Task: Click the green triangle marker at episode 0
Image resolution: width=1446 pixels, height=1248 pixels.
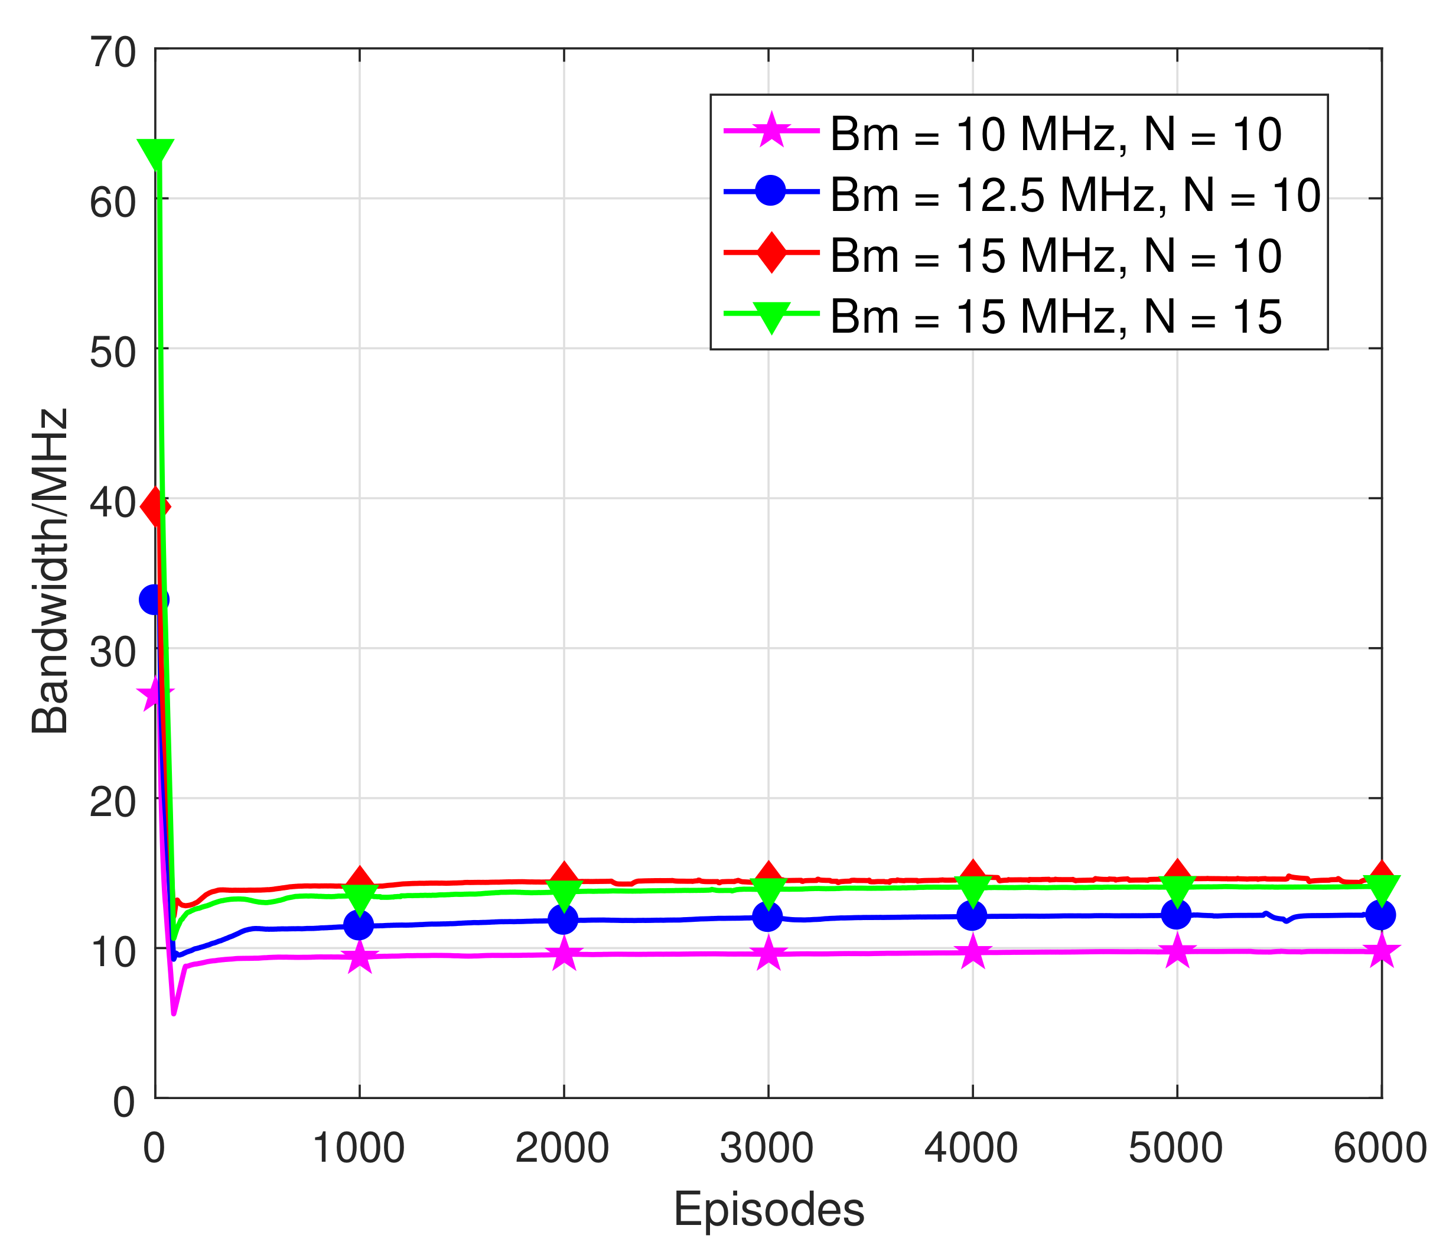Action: coord(155,153)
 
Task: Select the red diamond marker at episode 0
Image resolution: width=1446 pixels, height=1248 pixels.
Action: coord(155,507)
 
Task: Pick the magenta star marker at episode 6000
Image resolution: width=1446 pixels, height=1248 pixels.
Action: coord(1381,951)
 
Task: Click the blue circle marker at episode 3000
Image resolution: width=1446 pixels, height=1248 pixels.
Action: coord(768,916)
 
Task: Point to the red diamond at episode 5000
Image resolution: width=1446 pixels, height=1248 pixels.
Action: coord(1177,875)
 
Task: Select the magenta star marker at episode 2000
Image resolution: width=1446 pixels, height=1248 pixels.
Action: coord(564,954)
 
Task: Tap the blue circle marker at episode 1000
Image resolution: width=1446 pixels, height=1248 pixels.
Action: coord(359,925)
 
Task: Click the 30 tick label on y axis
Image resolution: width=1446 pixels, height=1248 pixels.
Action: coord(113,652)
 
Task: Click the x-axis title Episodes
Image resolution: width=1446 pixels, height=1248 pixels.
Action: coord(768,1209)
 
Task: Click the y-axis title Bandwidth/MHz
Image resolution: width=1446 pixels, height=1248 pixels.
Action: coord(50,571)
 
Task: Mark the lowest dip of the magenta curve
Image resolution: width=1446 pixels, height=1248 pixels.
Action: coord(174,1013)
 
